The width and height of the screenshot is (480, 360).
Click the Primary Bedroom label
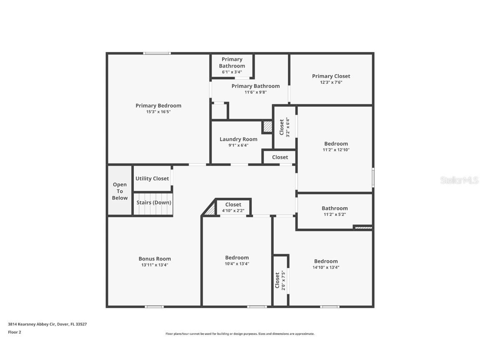(158, 105)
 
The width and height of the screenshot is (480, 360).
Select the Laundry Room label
(238, 139)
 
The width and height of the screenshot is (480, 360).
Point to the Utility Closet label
(152, 178)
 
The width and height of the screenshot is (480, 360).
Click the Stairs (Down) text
(154, 202)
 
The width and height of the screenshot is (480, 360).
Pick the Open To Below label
(120, 191)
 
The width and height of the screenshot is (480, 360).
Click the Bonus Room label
(155, 259)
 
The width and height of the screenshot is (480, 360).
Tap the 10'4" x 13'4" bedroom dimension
(237, 264)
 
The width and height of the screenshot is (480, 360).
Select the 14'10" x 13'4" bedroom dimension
(326, 267)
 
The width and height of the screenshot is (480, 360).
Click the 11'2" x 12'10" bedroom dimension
(336, 150)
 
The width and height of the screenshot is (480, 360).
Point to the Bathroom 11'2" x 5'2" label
(334, 208)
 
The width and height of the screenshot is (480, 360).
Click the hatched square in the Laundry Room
(267, 127)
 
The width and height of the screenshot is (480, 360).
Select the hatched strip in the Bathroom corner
(362, 227)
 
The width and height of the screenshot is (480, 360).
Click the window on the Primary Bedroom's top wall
(157, 53)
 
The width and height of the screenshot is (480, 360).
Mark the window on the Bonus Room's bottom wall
(154, 307)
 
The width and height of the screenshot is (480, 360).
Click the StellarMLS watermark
(459, 180)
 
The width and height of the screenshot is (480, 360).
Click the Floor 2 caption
(15, 332)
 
